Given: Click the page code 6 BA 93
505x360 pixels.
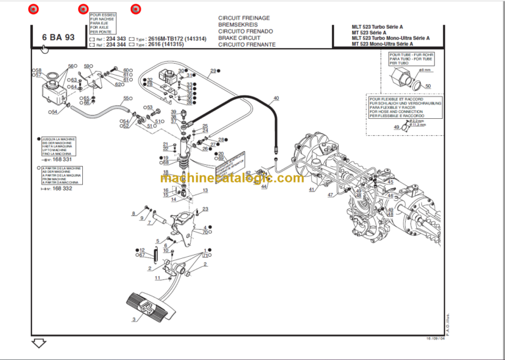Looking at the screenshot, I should click(58, 37).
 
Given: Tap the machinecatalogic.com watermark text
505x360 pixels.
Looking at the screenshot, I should click(231, 178).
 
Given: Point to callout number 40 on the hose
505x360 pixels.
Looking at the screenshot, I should click(276, 99).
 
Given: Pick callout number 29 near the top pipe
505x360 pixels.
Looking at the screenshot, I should click(213, 71).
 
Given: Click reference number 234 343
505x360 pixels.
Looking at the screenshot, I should click(116, 38).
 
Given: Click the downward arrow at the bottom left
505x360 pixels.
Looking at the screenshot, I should click(38, 343).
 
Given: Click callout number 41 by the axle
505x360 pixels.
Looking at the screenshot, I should click(312, 190).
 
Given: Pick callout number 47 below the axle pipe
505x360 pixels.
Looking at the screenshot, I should click(331, 195).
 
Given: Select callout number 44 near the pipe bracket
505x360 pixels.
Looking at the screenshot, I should click(264, 187).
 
